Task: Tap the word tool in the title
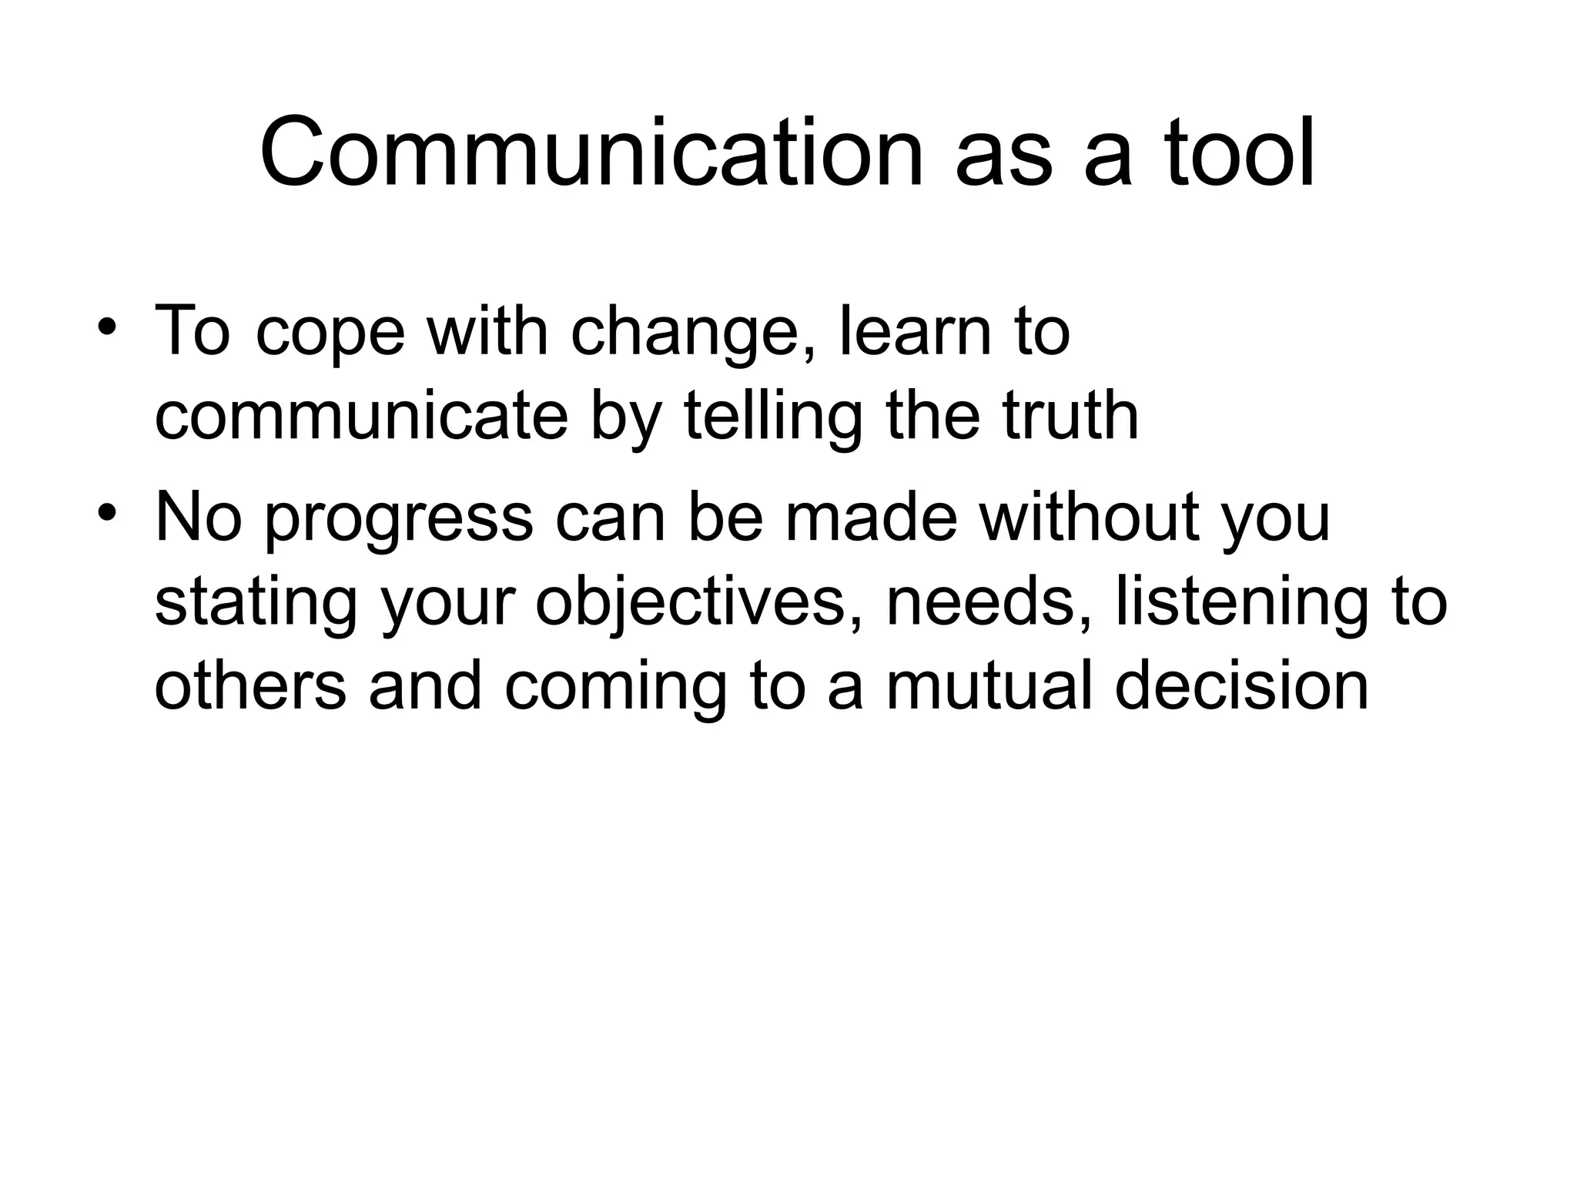[1240, 152]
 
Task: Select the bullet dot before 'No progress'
[107, 511]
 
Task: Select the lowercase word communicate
[361, 417]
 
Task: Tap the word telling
[772, 417]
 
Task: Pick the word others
[250, 686]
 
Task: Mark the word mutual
[989, 686]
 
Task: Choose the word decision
[1241, 686]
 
